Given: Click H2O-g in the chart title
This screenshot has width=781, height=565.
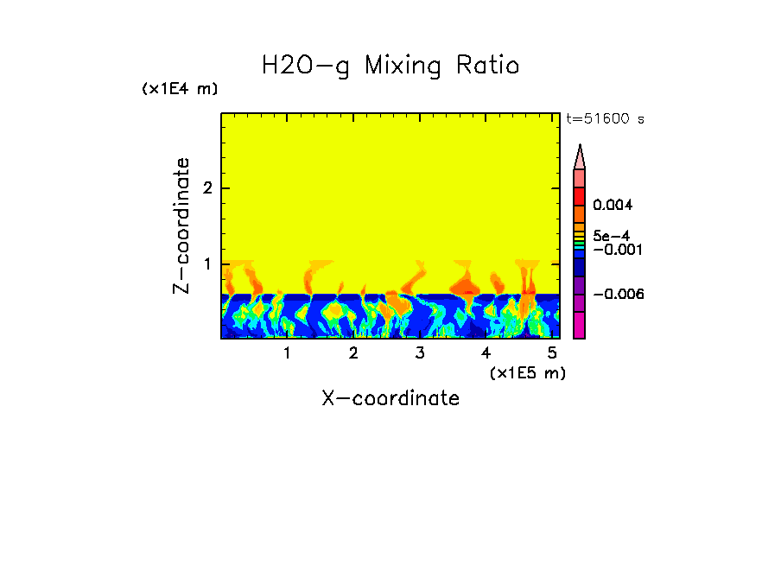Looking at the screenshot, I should [307, 67].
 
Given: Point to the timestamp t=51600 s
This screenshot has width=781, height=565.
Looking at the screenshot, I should [605, 119].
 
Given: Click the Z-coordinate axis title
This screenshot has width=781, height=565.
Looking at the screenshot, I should [181, 225].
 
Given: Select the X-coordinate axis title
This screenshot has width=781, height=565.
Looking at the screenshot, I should [390, 398].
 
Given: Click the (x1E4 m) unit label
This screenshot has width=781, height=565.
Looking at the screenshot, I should [180, 89].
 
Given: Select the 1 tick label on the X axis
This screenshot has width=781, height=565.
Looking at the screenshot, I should [287, 352].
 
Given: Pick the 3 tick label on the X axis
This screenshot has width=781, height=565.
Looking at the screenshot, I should [420, 352].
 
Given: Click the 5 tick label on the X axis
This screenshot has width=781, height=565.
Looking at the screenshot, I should [552, 352].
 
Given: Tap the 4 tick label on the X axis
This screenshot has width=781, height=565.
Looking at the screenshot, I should [486, 352].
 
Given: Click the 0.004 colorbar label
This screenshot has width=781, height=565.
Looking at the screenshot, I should [613, 206].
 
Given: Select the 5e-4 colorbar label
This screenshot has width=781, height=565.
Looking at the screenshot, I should [611, 236].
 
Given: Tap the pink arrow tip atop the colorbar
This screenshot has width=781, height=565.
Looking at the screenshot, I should [580, 156].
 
